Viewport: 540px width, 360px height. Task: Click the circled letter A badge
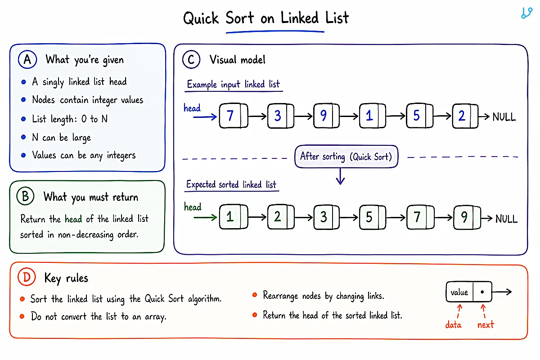pos(27,59)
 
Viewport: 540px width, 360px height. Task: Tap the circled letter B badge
pos(25,196)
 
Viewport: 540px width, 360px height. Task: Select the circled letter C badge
pos(191,59)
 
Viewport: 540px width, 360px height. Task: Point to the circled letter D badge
pos(27,277)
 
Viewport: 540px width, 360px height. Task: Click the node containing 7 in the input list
pos(234,116)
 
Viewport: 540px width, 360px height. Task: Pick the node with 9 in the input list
pos(326,116)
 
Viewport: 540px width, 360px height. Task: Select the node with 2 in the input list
pos(465,116)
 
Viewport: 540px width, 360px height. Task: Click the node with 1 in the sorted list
pos(234,217)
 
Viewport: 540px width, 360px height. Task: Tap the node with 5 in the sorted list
pos(373,217)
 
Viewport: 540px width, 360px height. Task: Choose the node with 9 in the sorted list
pos(467,217)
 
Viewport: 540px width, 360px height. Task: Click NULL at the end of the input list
pos(504,117)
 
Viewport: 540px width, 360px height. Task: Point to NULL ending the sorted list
pos(506,219)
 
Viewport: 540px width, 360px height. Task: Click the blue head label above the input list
pos(192,108)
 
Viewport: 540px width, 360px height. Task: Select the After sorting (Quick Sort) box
pos(346,157)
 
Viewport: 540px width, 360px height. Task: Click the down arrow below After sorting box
pos(340,176)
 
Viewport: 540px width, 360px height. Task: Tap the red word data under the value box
pos(453,325)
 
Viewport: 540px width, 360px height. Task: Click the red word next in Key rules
pos(486,325)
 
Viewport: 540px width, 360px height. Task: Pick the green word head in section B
pos(73,219)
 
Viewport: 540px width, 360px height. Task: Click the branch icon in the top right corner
pos(527,13)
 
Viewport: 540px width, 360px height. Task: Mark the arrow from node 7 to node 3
pos(257,117)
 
